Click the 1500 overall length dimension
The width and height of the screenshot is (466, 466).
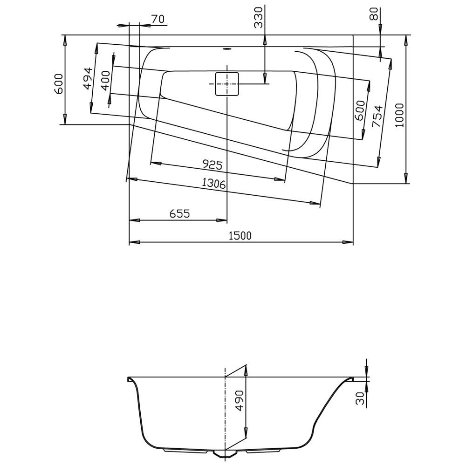coord(240,235)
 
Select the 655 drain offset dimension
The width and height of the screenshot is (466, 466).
coord(179,213)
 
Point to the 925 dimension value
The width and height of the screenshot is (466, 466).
coord(212,164)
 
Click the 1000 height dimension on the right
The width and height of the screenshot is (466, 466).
coord(400,115)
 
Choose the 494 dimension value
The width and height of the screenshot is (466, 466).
coord(88,78)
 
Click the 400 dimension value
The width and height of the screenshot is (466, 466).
coord(105,81)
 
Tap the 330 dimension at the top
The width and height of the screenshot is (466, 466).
coord(259,17)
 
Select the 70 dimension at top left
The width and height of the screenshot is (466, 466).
coord(158,19)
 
